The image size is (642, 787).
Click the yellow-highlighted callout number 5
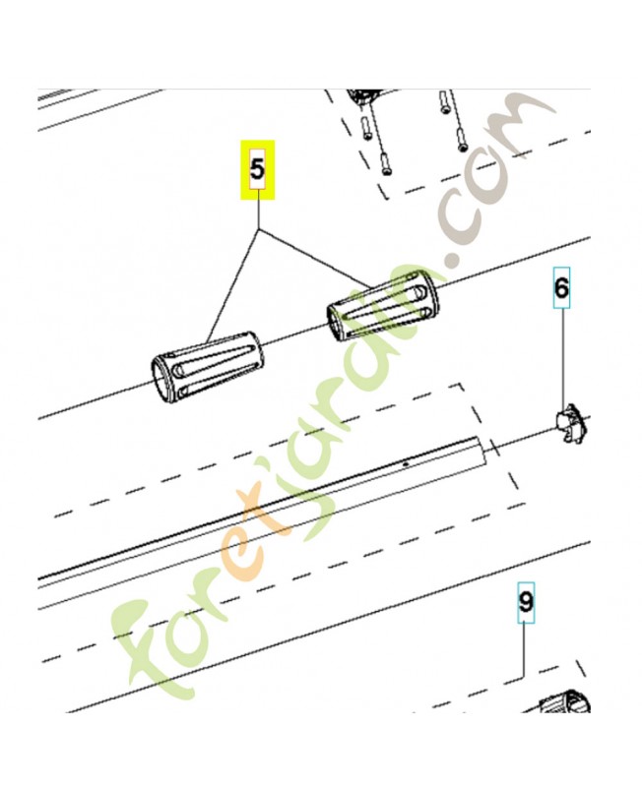pos(259,169)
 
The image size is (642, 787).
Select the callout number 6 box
pos(560,288)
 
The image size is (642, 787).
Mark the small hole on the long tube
pos(406,461)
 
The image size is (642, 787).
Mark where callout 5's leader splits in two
pos(260,229)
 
